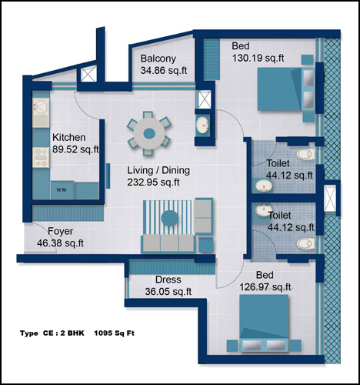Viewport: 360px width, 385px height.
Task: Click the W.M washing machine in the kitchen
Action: coord(62,190)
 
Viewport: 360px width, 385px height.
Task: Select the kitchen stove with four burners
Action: coord(41,157)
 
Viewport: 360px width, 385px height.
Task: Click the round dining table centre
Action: coord(149,133)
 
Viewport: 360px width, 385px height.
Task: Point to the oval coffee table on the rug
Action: coord(170,218)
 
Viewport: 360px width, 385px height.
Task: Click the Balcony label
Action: coord(158,59)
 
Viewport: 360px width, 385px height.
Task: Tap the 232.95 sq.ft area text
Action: coord(153,182)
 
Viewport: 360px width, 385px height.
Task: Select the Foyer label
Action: coord(61,231)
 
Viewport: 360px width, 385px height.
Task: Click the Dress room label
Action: coord(168,280)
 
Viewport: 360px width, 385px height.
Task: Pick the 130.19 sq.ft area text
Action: coord(258,58)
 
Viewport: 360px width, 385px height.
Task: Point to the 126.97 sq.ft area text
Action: coord(265,287)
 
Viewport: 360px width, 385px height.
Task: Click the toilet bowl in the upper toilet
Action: coord(306,154)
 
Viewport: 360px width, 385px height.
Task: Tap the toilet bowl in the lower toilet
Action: coord(306,243)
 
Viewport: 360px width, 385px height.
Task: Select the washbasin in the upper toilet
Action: coord(264,185)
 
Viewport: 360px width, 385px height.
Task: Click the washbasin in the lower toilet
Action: coord(264,210)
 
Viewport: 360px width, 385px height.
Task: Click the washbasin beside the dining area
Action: coord(202,125)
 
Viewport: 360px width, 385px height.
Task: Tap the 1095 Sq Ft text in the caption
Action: coord(114,333)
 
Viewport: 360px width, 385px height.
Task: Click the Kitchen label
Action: coord(69,138)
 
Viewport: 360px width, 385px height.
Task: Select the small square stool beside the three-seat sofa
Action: coord(206,245)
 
